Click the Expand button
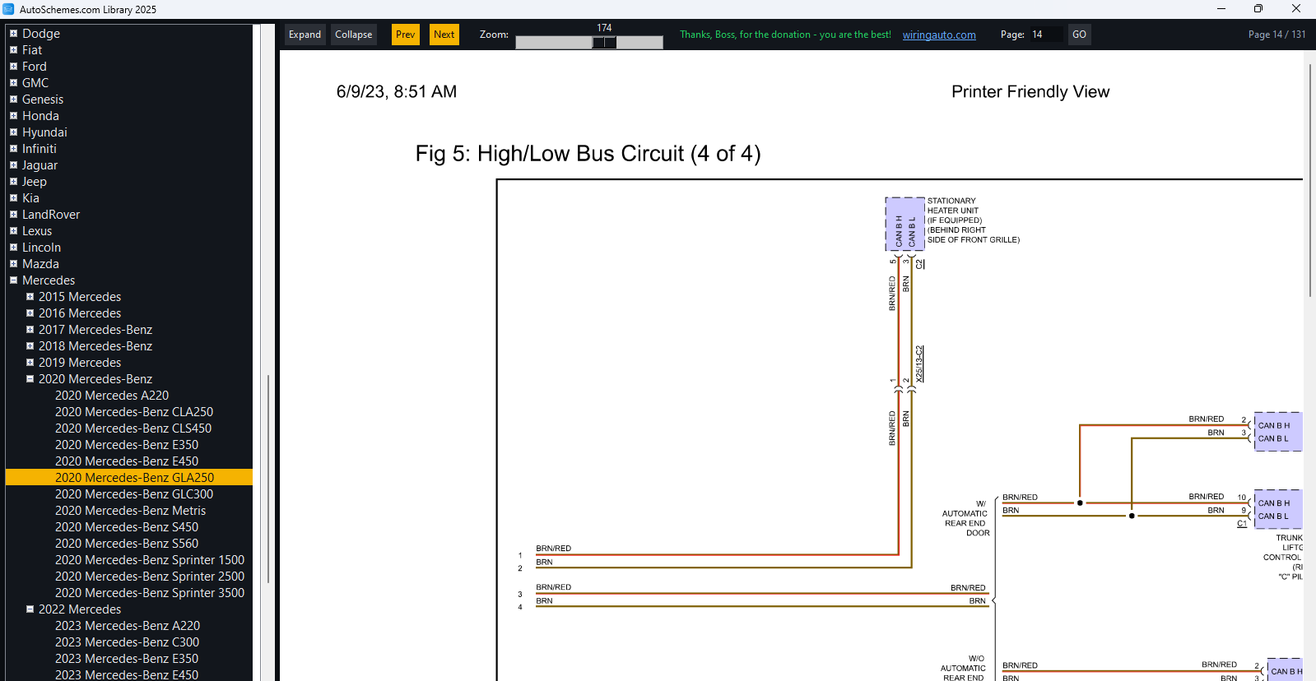305,35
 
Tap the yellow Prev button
406,35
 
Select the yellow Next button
444,35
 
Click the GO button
1079,35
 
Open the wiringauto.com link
939,35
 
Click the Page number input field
1046,35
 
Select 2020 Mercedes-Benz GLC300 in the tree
134,494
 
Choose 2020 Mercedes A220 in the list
112,396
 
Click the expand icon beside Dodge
13,34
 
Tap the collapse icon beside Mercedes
13,280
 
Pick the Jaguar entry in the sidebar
40,165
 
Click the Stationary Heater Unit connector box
904,225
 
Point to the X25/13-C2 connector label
919,364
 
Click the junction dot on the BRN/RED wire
1080,503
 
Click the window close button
1296,9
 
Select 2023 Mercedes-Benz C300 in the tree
127,642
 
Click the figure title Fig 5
588,154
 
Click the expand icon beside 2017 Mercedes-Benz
30,329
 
